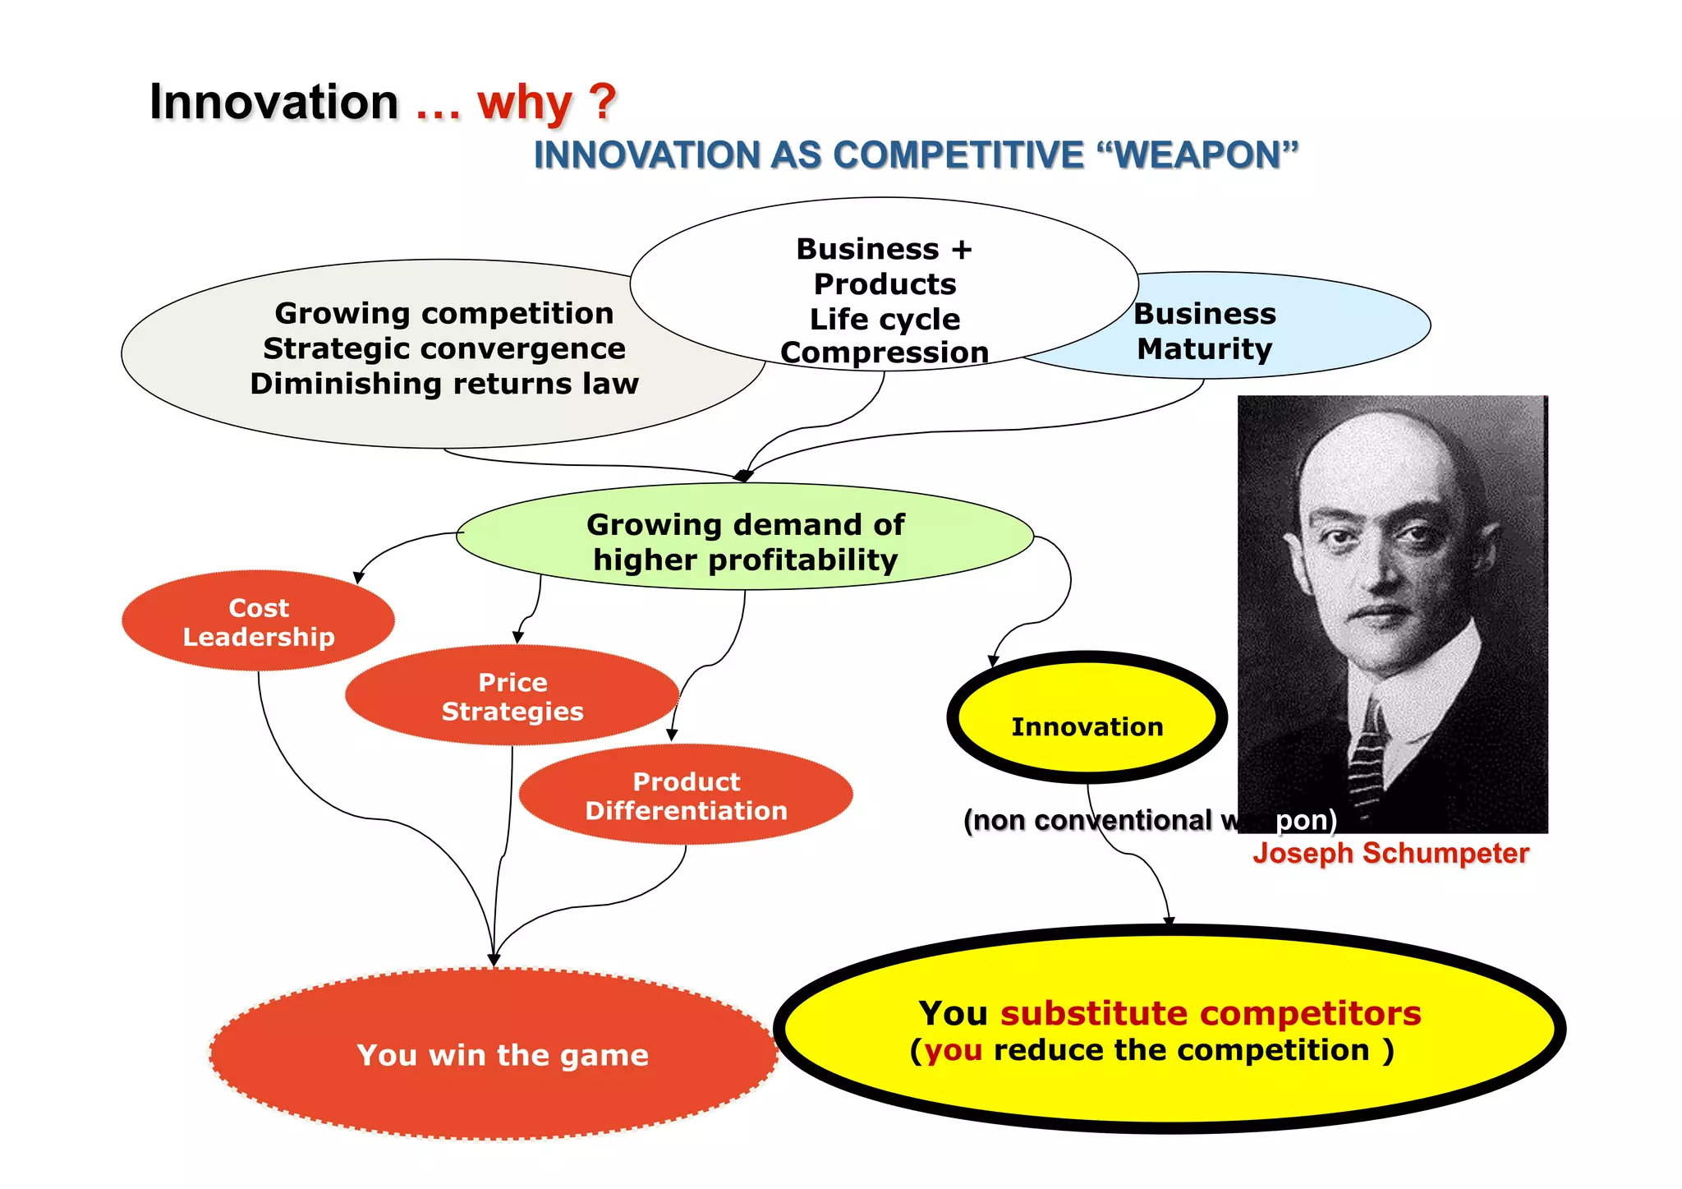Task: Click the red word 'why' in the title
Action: tap(524, 104)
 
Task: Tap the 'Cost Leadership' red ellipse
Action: tap(258, 622)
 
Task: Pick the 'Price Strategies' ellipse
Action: tap(512, 697)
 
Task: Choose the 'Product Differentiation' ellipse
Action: tap(686, 795)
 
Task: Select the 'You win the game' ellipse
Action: tap(502, 1055)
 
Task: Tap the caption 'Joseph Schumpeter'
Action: tap(1390, 853)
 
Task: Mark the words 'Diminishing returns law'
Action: tap(444, 384)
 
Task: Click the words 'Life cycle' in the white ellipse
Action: tap(885, 319)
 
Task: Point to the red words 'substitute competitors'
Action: tap(1210, 1013)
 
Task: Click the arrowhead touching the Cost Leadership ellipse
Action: tap(358, 578)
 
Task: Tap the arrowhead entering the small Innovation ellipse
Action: tap(993, 661)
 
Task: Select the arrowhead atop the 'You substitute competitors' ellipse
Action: tap(1169, 921)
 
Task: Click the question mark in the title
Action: tap(603, 102)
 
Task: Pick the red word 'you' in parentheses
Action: tap(954, 1050)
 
